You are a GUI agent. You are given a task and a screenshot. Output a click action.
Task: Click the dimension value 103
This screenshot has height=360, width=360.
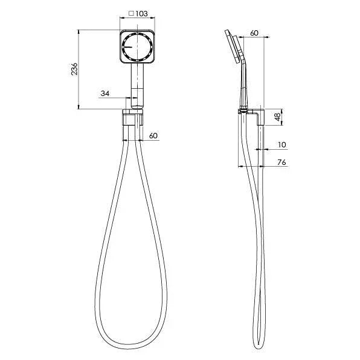(x=141, y=13)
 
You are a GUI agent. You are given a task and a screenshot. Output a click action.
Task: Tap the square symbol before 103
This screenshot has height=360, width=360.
(x=131, y=13)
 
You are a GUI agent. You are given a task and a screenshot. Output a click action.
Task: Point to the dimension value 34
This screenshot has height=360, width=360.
(x=105, y=93)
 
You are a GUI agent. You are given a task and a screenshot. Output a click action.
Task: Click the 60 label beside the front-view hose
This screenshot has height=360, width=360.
(x=153, y=136)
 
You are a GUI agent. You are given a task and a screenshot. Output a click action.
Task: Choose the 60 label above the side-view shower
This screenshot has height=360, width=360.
(x=254, y=33)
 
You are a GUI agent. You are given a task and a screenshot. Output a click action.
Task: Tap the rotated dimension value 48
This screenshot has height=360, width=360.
(x=277, y=117)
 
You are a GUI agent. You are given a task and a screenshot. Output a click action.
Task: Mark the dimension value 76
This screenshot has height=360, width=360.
(x=281, y=162)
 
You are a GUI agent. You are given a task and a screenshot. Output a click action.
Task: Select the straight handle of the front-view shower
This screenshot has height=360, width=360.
(x=137, y=85)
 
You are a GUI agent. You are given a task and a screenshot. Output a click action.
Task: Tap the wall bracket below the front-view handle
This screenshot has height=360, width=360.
(x=132, y=117)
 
